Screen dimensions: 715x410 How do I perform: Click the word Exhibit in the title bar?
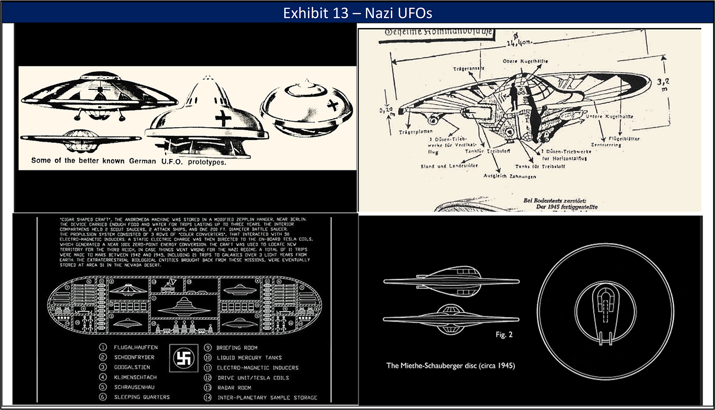[x=302, y=13]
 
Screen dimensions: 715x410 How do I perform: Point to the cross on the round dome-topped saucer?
[x=332, y=104]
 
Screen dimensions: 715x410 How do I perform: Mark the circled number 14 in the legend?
[x=207, y=397]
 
